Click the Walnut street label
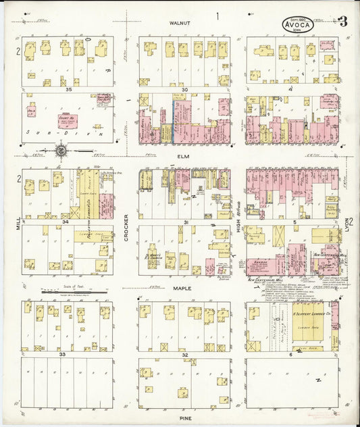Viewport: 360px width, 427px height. [181, 22]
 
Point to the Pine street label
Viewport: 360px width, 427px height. [184, 418]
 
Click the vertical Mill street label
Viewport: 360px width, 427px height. [18, 222]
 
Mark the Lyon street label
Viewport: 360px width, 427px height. [345, 222]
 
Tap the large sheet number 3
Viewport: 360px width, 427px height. [342, 21]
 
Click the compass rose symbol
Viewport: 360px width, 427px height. [61, 150]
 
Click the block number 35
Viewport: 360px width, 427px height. [68, 89]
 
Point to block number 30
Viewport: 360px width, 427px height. [184, 89]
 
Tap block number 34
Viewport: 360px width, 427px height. [66, 221]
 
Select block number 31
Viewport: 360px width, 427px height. [184, 221]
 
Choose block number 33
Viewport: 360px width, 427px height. [62, 353]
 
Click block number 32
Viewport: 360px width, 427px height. [184, 354]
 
